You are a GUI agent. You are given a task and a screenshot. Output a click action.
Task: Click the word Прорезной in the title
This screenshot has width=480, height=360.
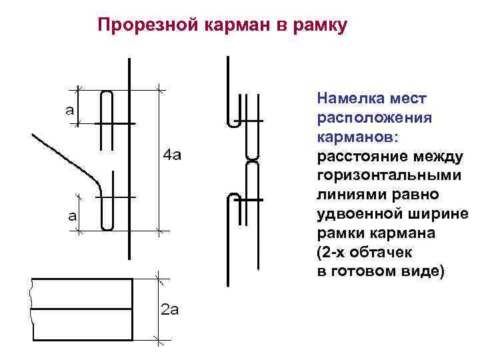click(136, 26)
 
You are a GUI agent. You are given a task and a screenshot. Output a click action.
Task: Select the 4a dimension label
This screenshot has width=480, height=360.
click(172, 156)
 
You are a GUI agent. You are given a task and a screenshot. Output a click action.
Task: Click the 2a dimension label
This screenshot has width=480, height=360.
click(170, 309)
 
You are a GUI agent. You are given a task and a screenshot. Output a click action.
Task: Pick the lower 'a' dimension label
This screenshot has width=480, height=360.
click(71, 217)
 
